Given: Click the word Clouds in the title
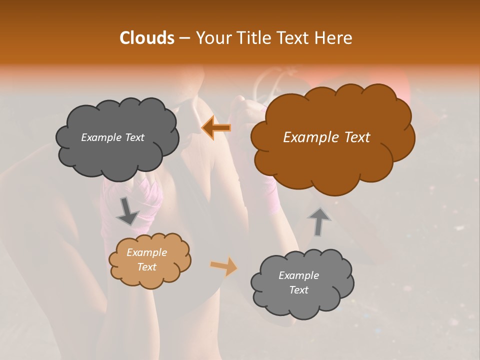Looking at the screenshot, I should click(x=146, y=38).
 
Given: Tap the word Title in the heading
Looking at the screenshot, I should click(x=253, y=38).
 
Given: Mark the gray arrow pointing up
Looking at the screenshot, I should click(x=319, y=221).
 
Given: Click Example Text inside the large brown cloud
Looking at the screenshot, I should click(x=326, y=137).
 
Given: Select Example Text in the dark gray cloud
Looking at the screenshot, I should click(x=112, y=137).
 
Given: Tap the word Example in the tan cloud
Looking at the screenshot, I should click(x=146, y=252).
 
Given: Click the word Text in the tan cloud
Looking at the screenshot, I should click(x=146, y=267).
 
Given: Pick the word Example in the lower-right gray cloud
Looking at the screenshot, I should click(x=298, y=275).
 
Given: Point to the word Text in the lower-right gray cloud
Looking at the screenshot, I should click(x=298, y=290).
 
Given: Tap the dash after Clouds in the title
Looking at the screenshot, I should click(x=184, y=38).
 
